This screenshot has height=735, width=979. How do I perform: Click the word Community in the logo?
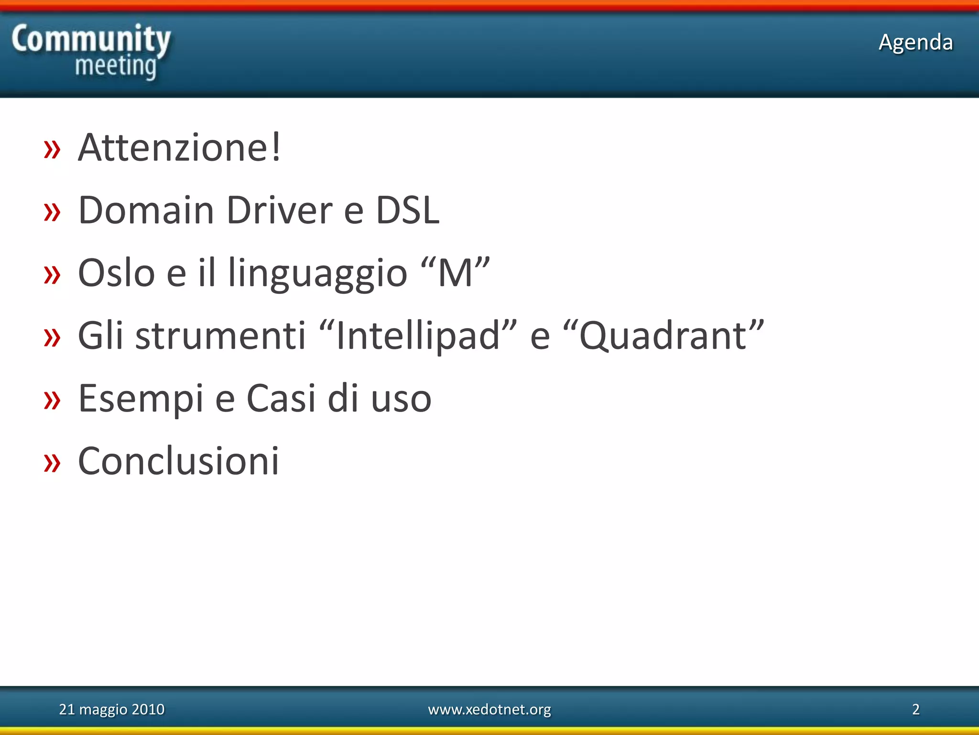91,39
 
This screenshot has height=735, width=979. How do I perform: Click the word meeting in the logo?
116,67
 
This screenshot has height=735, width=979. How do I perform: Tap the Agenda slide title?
915,42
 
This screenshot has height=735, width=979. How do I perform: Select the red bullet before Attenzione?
52,149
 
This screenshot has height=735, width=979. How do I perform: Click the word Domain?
146,210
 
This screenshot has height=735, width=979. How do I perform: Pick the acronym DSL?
407,210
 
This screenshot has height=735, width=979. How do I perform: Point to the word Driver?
279,210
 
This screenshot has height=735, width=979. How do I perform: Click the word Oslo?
117,273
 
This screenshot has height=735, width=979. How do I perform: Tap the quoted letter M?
455,273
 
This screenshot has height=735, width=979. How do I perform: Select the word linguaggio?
317,274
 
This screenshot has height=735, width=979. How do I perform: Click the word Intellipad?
418,336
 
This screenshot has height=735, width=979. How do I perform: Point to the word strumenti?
220,336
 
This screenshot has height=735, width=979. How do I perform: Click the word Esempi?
141,399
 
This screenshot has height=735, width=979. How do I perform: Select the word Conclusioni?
178,461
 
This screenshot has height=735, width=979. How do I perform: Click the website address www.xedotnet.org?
489,709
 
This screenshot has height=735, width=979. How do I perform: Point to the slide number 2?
915,709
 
